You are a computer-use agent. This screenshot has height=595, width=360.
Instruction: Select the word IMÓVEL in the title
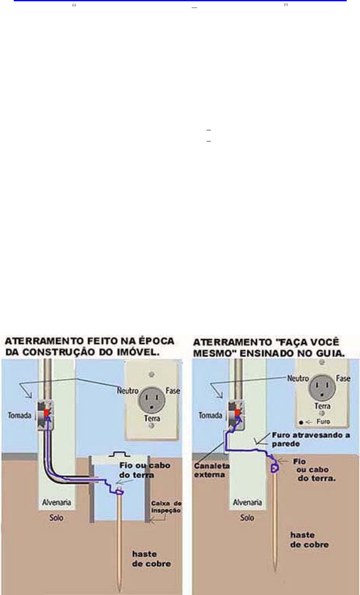point(133,350)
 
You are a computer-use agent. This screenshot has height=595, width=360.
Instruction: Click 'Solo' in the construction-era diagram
point(56,518)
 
